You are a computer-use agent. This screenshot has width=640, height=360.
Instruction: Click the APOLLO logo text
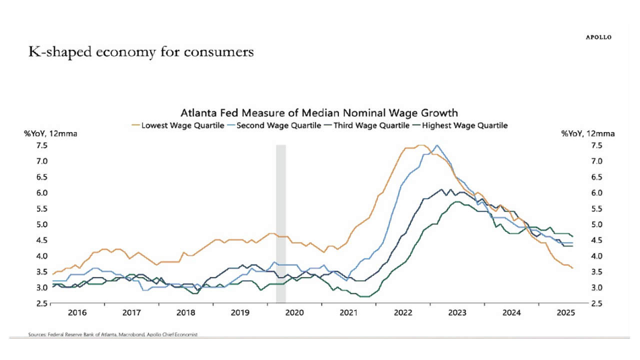(598, 37)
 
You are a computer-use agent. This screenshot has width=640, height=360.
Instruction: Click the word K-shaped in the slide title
(54, 52)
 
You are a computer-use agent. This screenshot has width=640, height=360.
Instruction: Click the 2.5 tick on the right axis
(597, 303)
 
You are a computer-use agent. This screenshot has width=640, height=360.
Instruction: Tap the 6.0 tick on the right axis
(597, 193)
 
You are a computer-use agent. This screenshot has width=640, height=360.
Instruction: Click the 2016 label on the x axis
(77, 313)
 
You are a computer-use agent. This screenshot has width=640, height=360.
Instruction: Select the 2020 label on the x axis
(294, 313)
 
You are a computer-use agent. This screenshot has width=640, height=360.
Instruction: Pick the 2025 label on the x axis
(565, 313)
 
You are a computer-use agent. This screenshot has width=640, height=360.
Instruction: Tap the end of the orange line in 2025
(572, 268)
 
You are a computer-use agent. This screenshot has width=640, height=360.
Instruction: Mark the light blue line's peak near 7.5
(437, 145)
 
